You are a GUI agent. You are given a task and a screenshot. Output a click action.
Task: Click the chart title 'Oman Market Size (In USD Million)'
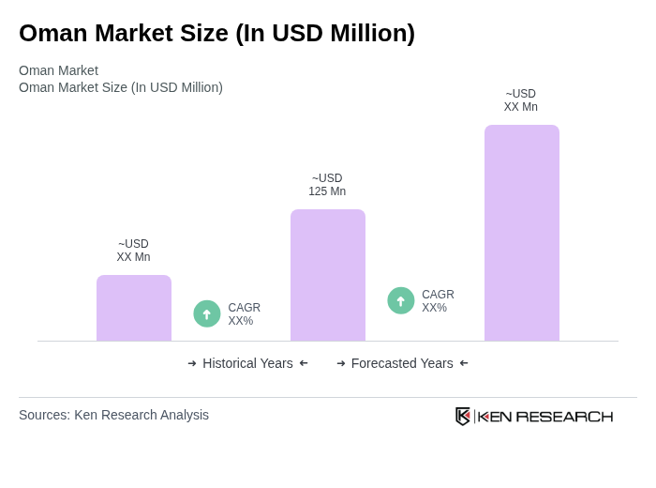pyautogui.click(x=216, y=33)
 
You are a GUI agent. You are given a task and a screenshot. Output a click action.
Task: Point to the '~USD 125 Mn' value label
pyautogui.click(x=327, y=185)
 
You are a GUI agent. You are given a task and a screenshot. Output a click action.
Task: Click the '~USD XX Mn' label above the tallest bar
pyautogui.click(x=521, y=100)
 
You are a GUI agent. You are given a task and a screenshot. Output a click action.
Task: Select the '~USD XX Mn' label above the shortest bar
pyautogui.click(x=133, y=251)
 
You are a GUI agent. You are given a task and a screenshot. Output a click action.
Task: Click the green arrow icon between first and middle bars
pyautogui.click(x=207, y=313)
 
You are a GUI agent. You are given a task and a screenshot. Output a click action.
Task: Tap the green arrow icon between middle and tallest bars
pyautogui.click(x=401, y=300)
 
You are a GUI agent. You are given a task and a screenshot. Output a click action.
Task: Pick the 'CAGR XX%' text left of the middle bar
pyautogui.click(x=244, y=314)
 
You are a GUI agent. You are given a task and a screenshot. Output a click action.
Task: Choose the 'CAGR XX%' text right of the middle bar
pyautogui.click(x=438, y=301)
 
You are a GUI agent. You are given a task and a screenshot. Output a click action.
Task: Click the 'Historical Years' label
pyautogui.click(x=247, y=363)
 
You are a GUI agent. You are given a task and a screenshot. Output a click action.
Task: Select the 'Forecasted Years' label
pyautogui.click(x=402, y=363)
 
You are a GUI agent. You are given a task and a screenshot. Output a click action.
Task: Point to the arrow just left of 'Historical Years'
pyautogui.click(x=192, y=363)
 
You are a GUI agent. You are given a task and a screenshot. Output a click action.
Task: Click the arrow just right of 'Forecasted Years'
pyautogui.click(x=464, y=363)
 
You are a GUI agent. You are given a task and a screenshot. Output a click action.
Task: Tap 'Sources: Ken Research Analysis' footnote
pyautogui.click(x=113, y=415)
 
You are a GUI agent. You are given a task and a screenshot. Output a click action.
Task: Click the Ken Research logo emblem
pyautogui.click(x=463, y=416)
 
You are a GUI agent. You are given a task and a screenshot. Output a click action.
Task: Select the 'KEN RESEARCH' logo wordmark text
pyautogui.click(x=545, y=417)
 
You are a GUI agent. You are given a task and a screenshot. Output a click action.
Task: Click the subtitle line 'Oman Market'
pyautogui.click(x=58, y=70)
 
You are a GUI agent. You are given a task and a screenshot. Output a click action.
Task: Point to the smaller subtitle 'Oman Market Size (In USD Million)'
pyautogui.click(x=121, y=87)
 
